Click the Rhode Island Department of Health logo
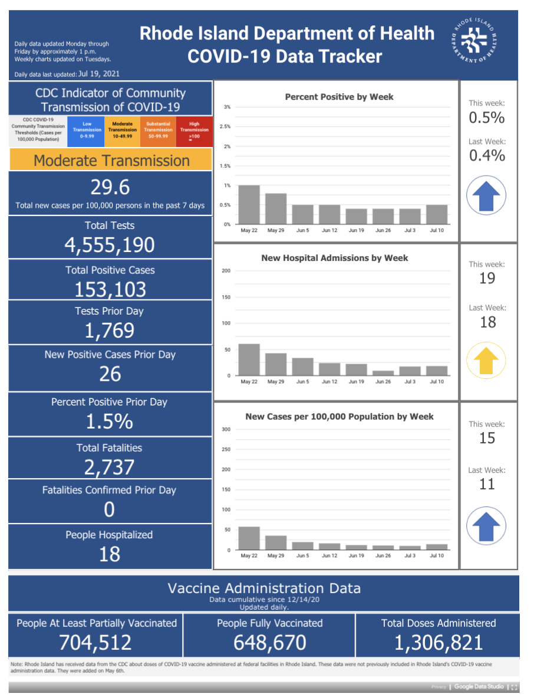[474, 41]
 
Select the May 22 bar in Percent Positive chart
[249, 204]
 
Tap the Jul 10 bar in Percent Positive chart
[437, 214]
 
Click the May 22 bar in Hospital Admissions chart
[249, 360]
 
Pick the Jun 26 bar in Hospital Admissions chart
[383, 373]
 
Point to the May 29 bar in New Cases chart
[276, 542]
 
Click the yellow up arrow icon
[486, 360]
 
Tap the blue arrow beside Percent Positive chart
[486, 195]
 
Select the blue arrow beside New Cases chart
[486, 526]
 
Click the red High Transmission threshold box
[195, 131]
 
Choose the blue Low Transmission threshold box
[86, 131]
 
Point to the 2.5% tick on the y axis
[225, 126]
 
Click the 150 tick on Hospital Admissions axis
[226, 297]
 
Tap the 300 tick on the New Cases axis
[226, 430]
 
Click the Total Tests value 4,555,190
[110, 245]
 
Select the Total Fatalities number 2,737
[109, 467]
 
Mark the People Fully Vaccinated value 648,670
[270, 643]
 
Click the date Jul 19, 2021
[99, 74]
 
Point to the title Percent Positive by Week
[339, 97]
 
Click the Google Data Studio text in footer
[479, 686]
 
